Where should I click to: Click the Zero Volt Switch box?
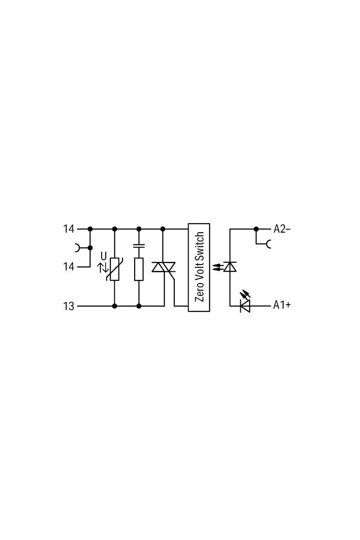[x=199, y=267]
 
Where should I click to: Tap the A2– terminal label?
[x=282, y=229]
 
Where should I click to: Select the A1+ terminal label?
[x=282, y=305]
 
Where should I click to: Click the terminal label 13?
[x=68, y=306]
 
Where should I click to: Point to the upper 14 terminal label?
[x=68, y=229]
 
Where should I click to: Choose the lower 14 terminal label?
[x=68, y=267]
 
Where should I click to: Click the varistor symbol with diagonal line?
[x=114, y=269]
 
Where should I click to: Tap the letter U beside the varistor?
[x=103, y=256]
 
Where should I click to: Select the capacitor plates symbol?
[x=139, y=246]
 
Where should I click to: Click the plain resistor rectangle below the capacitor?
[x=139, y=269]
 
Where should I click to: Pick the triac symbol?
[x=163, y=267]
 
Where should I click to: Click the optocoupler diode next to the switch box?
[x=229, y=266]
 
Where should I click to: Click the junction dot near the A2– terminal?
[x=256, y=229]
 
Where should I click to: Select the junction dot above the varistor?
[x=115, y=229]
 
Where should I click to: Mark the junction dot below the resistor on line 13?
[x=139, y=306]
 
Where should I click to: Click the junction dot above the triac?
[x=163, y=229]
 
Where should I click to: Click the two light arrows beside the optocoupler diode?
[x=217, y=266]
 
